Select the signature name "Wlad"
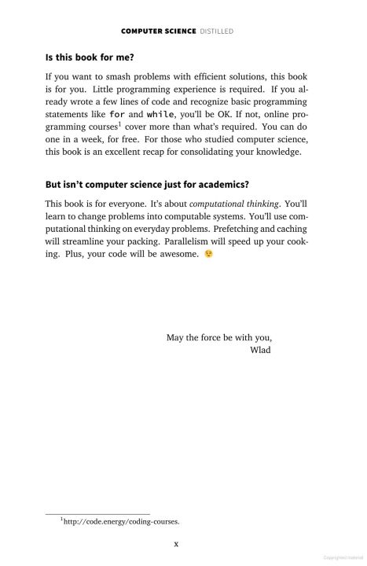(259, 350)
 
